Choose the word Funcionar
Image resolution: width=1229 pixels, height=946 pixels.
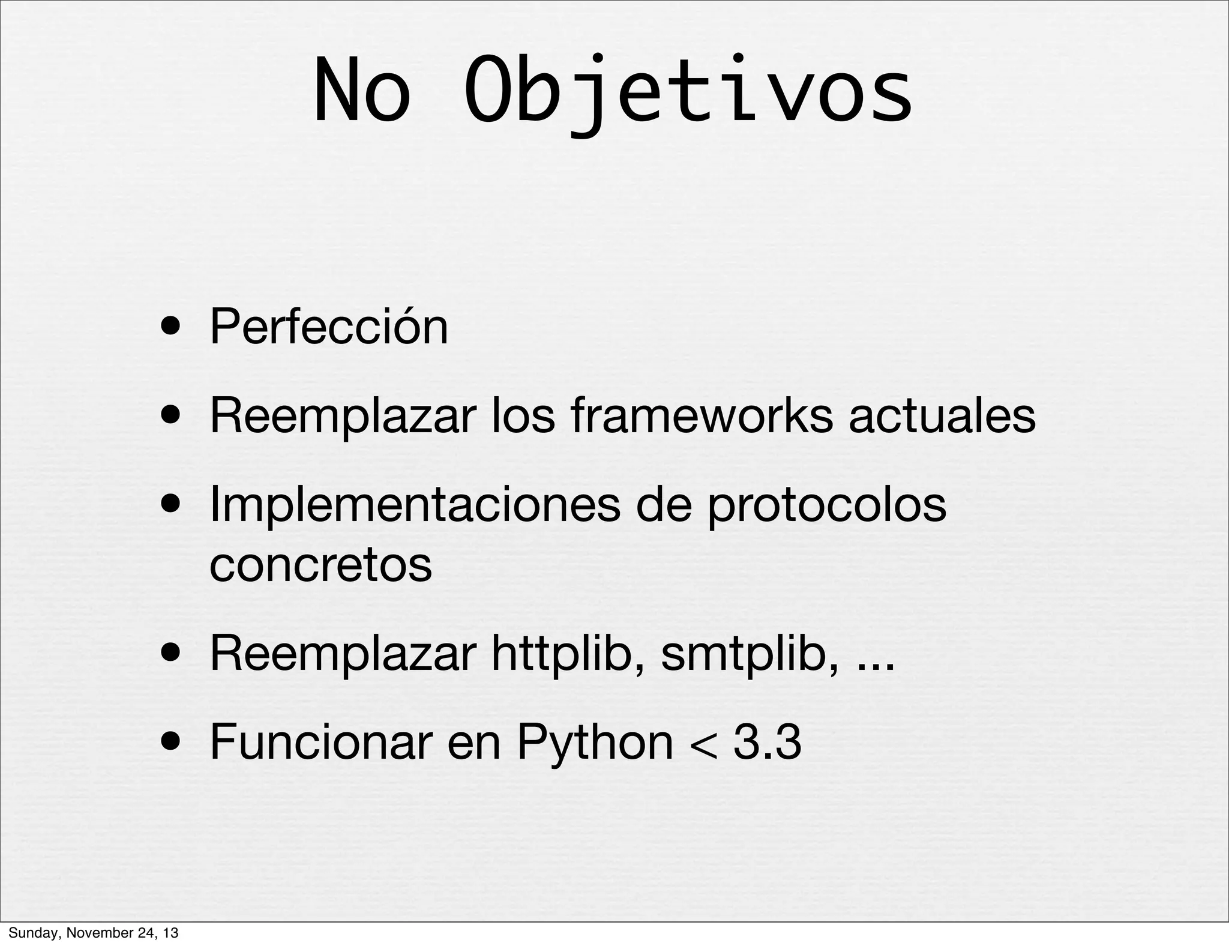click(x=321, y=743)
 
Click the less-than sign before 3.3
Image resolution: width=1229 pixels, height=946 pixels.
click(x=703, y=746)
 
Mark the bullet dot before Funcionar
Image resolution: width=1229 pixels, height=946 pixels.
click(x=172, y=744)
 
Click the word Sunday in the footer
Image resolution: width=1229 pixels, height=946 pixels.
click(x=29, y=933)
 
